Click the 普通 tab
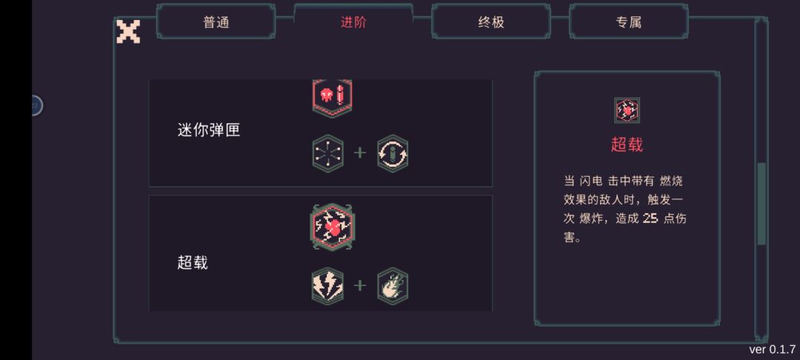click(x=216, y=22)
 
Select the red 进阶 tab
click(x=353, y=22)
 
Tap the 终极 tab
click(x=491, y=22)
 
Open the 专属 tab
click(x=629, y=22)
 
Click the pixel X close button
click(x=128, y=32)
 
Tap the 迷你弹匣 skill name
click(x=209, y=130)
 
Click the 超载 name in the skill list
click(x=193, y=262)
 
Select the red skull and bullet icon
click(x=332, y=96)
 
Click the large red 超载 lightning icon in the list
click(x=332, y=227)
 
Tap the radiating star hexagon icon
click(x=327, y=153)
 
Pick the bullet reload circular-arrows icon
click(x=393, y=153)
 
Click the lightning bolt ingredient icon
click(x=327, y=286)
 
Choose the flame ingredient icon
click(x=393, y=286)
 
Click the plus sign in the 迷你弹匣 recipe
click(x=360, y=153)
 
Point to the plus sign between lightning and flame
click(x=360, y=285)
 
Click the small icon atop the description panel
click(x=627, y=110)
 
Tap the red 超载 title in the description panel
click(x=627, y=144)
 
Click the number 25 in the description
click(x=650, y=219)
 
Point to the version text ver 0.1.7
click(x=772, y=350)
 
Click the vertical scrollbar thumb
click(x=761, y=204)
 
